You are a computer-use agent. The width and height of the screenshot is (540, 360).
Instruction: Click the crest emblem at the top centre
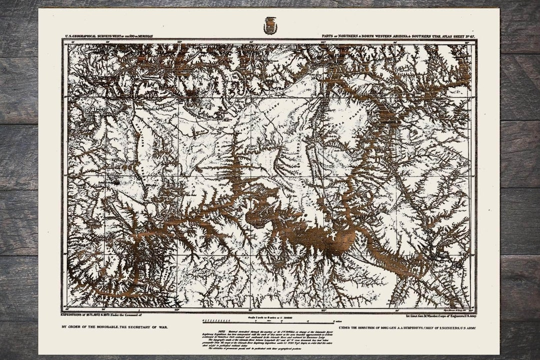coord(270,25)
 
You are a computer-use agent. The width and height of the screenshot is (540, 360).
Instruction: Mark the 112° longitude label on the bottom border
coord(323,310)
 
